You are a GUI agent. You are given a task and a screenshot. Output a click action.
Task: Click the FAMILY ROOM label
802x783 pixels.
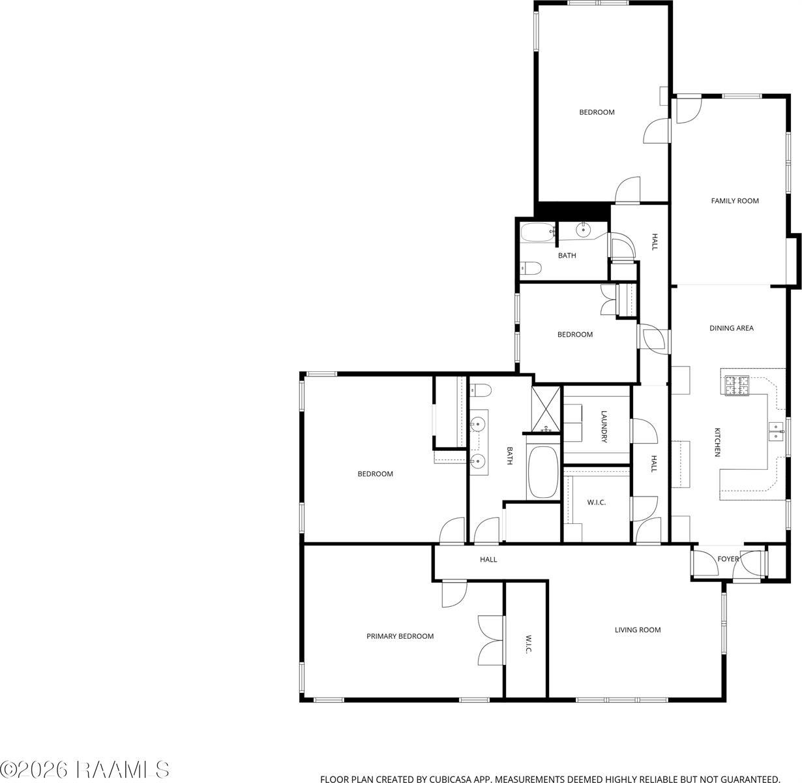click(x=735, y=201)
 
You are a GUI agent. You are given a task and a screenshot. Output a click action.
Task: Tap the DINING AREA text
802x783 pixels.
click(x=731, y=328)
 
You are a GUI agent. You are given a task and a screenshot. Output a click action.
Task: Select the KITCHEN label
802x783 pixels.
click(x=717, y=442)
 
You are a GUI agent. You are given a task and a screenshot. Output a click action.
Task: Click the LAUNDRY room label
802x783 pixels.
click(x=604, y=426)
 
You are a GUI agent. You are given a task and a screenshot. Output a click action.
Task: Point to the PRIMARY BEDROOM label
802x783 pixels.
click(x=400, y=636)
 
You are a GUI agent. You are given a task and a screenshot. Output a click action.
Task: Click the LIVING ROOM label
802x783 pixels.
click(x=638, y=630)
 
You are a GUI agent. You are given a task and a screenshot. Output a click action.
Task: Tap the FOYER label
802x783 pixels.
click(x=728, y=559)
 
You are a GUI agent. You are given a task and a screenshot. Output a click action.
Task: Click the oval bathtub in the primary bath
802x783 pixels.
click(x=542, y=471)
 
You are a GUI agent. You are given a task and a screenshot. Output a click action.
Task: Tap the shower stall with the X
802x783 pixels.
click(x=545, y=409)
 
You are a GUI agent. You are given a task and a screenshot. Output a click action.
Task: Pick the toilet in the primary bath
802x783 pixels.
click(x=481, y=391)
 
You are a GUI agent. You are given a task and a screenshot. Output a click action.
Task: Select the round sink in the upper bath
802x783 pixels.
click(x=583, y=230)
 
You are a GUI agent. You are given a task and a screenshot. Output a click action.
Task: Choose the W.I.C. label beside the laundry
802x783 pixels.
click(x=596, y=502)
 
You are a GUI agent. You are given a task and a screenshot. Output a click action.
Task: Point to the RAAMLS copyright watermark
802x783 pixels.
click(x=85, y=770)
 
